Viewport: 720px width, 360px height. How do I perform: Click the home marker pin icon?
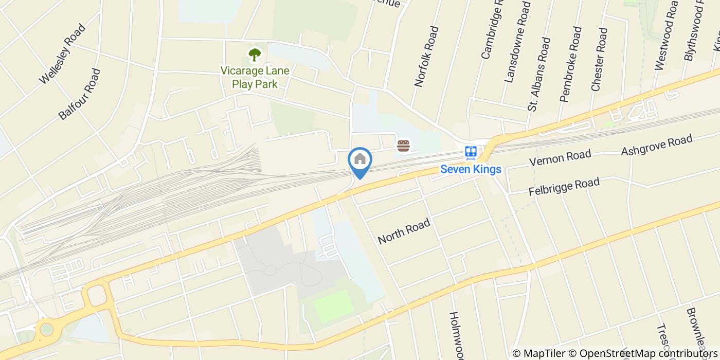point(360,160)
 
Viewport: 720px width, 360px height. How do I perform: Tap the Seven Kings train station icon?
point(471,152)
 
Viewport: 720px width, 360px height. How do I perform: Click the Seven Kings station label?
point(471,169)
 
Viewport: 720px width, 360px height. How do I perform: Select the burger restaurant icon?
point(403,146)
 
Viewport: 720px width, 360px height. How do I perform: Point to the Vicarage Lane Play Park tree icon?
point(255,54)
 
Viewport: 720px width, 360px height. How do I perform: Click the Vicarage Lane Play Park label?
point(255,77)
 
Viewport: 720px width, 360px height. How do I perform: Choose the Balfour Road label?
point(79,94)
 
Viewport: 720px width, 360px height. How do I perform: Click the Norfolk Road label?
point(426,57)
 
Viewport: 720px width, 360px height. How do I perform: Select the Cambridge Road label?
point(491,31)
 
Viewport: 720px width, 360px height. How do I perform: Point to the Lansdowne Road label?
point(517,42)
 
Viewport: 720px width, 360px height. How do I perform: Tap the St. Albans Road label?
point(539,74)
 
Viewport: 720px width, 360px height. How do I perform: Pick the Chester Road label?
point(600,60)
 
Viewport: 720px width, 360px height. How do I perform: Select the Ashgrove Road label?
point(657,145)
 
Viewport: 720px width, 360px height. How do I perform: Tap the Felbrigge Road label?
point(564,187)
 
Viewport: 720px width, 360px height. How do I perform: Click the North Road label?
point(404,232)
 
